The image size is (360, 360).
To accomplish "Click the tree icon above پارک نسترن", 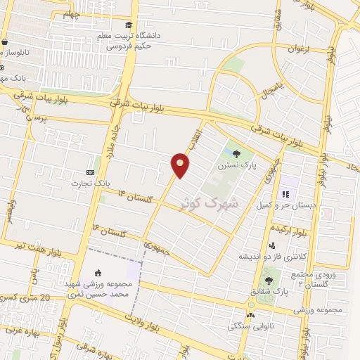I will click(236, 154).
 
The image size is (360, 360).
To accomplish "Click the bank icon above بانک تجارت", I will click(90, 172).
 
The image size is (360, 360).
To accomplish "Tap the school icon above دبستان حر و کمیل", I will click(285, 194).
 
